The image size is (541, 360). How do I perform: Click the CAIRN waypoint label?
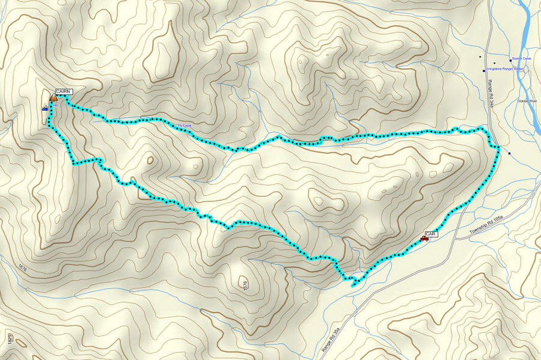coord(63,91)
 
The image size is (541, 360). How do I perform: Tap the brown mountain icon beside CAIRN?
coord(53,97)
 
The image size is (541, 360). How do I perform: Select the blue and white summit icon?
coord(45,108)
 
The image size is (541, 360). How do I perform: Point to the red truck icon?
coord(424,239)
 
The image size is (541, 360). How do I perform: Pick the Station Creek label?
coord(522,59)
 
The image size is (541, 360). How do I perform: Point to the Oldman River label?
coord(527,101)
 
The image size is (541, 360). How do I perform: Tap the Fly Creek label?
coord(184,126)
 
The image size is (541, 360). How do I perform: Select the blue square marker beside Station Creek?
coord(510,60)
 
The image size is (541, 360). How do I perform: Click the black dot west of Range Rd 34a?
coord(480,57)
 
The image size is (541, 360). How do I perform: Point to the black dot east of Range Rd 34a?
coord(494,63)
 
